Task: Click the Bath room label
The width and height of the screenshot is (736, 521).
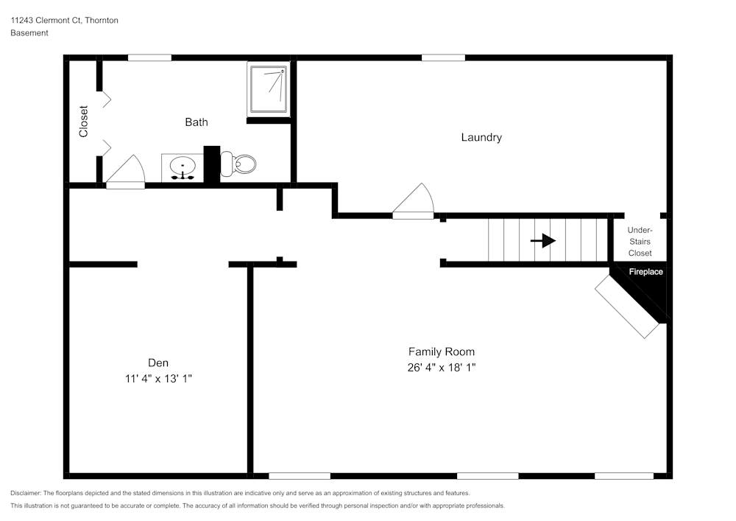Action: point(196,122)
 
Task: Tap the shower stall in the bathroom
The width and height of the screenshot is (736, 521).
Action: point(268,89)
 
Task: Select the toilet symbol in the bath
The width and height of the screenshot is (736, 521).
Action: point(239,164)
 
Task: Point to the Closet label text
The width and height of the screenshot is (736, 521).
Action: point(84,122)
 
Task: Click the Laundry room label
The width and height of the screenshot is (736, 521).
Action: point(481,137)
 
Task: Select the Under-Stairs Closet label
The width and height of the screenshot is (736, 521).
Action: point(640,242)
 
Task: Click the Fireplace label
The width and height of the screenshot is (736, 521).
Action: point(645,272)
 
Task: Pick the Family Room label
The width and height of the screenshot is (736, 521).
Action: point(442,352)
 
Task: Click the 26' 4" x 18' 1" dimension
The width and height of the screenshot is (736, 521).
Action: point(442,367)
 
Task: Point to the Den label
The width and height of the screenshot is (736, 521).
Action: point(158,363)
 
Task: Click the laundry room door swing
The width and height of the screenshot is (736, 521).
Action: point(412,200)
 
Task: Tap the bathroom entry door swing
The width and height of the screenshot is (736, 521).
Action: point(125,171)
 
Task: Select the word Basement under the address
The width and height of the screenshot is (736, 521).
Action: point(29,33)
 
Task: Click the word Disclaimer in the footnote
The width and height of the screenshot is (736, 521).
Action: point(26,493)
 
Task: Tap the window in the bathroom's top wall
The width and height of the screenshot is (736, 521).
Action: point(149,57)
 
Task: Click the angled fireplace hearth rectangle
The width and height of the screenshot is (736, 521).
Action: point(626,308)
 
